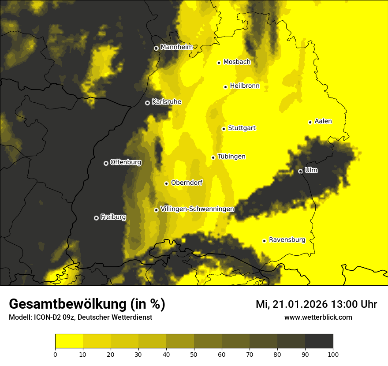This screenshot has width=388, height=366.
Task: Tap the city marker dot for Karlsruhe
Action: pyautogui.click(x=147, y=103)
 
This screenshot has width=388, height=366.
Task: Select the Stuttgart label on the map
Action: pyautogui.click(x=242, y=128)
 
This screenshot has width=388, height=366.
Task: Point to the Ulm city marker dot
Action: pyautogui.click(x=300, y=171)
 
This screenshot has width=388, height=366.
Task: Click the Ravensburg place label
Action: pyautogui.click(x=287, y=240)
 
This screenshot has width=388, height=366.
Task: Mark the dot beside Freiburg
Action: pyautogui.click(x=96, y=218)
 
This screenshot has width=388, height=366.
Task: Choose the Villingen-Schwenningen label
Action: pyautogui.click(x=197, y=209)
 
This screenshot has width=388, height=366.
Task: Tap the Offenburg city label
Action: pyautogui.click(x=126, y=162)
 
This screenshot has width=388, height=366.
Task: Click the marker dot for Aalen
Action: pyautogui.click(x=310, y=122)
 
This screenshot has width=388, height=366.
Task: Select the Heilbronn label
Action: pyautogui.click(x=245, y=86)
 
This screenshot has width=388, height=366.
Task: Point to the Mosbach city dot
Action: pyautogui.click(x=219, y=63)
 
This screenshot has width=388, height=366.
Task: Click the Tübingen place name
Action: pyautogui.click(x=231, y=157)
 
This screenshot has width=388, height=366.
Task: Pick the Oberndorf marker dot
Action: pyautogui.click(x=166, y=183)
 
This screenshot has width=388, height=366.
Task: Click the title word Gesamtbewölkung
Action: pyautogui.click(x=68, y=304)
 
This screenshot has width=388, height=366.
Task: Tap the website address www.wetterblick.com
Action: pyautogui.click(x=318, y=317)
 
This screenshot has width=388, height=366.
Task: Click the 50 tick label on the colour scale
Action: pyautogui.click(x=194, y=354)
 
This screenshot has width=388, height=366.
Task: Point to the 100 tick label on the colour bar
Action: pyautogui.click(x=333, y=354)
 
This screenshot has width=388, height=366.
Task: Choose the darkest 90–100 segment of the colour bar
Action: pyautogui.click(x=319, y=341)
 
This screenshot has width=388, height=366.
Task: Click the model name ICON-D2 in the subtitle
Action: pyautogui.click(x=45, y=317)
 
